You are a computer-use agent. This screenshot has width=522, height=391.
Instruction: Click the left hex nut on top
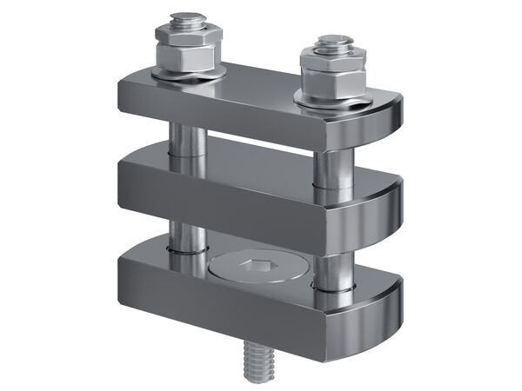click(185, 53)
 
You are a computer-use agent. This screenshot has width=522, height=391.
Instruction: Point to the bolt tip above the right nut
click(332, 43)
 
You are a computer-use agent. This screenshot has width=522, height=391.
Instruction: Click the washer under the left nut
click(187, 78)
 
